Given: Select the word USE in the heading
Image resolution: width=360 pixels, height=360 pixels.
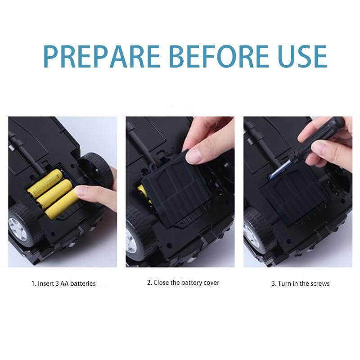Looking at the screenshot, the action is [x=301, y=57].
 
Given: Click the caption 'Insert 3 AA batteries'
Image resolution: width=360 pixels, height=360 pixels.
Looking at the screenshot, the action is [x=67, y=283].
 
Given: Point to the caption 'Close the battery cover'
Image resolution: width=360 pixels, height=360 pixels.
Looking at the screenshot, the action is [x=186, y=283].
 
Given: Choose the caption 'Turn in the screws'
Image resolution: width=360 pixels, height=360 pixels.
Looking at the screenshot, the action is [x=303, y=283].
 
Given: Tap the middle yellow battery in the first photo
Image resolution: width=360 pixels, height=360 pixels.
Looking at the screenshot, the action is [x=54, y=193].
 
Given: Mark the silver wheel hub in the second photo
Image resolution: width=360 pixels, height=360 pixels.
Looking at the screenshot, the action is [x=131, y=242].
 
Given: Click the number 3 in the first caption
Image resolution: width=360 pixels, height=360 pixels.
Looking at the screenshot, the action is [x=57, y=283].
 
